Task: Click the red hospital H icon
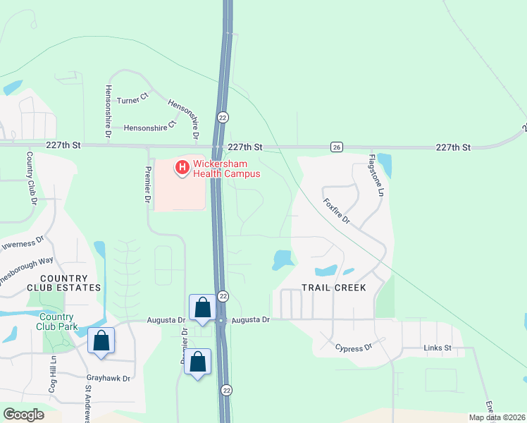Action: [x=182, y=168]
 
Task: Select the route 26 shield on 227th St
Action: [x=337, y=147]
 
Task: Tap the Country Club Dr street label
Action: [x=32, y=178]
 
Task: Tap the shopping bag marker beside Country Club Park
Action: [x=101, y=341]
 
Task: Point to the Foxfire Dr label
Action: [x=337, y=210]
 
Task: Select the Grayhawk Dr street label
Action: [x=107, y=378]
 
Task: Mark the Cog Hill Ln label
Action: [x=52, y=374]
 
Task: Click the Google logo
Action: [x=24, y=415]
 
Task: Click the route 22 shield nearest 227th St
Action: [x=223, y=117]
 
